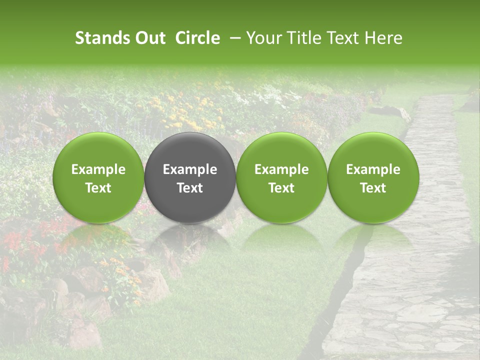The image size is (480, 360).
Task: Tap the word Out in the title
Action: point(149,38)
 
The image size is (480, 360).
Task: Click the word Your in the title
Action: point(262,38)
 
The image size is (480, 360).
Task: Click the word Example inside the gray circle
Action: point(190,169)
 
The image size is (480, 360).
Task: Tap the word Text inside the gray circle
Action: point(190,188)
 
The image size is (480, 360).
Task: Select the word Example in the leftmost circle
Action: point(98,169)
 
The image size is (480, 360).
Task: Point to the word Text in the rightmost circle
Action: point(373,188)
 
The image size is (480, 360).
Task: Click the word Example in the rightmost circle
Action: point(373,169)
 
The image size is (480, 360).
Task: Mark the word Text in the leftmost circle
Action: point(98,188)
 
